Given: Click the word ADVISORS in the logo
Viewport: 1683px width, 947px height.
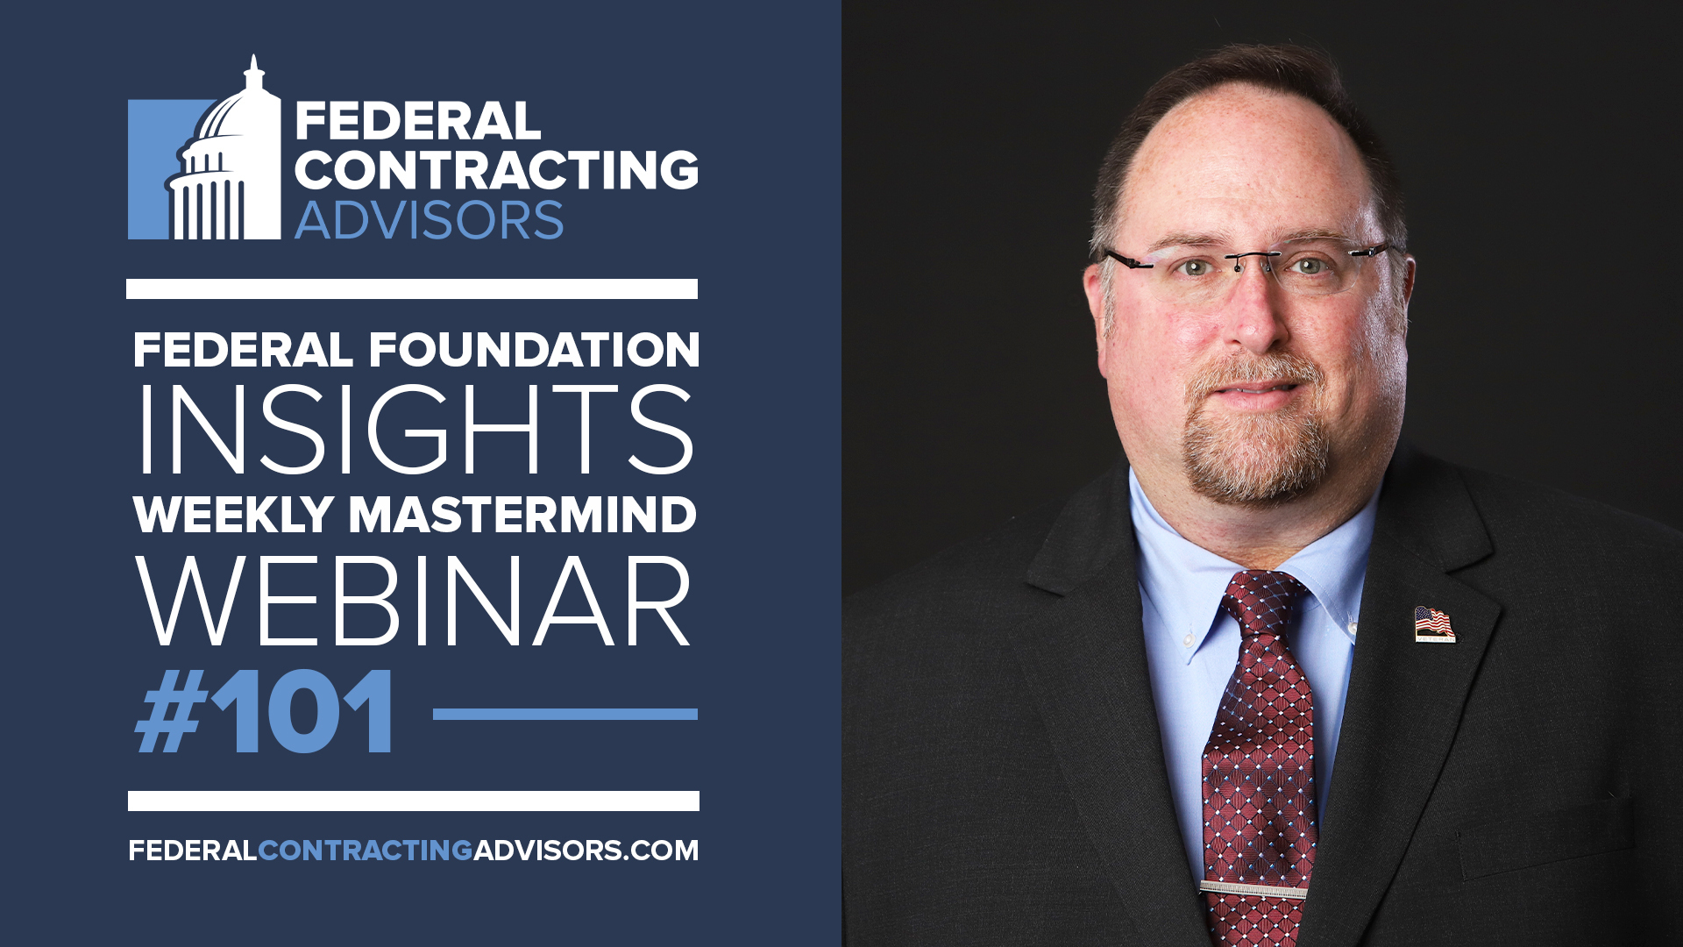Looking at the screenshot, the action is (430, 220).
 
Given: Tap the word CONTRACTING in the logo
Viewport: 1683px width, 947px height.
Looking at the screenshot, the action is (497, 169).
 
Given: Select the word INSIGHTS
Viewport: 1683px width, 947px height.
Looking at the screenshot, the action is (415, 429).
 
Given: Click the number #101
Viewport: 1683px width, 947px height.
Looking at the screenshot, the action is (265, 711).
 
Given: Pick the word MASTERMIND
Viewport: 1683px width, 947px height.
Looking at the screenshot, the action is (522, 515).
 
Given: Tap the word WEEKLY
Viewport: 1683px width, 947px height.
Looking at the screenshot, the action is (234, 515).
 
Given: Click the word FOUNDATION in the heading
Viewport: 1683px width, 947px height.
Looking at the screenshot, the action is (534, 350).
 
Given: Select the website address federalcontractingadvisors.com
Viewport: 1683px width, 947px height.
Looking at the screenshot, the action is (414, 851).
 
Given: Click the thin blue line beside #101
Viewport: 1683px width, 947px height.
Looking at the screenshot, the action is (565, 715).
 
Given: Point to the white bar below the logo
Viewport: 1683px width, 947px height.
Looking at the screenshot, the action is (412, 289).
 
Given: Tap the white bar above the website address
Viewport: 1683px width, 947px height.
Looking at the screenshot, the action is (414, 801).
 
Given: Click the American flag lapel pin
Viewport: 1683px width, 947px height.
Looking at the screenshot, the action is (1435, 624).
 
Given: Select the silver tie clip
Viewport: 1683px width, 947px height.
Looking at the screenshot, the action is (1253, 890).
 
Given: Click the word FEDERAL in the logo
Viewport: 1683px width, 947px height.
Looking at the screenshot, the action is (418, 121).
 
